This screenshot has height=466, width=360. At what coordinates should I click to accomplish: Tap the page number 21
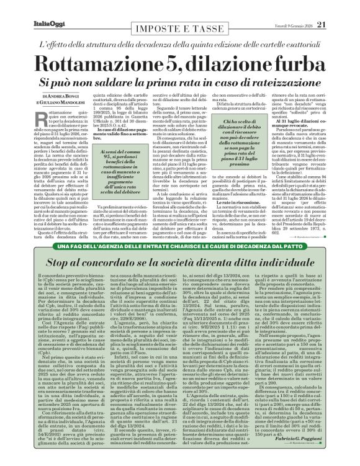click(x=338, y=7)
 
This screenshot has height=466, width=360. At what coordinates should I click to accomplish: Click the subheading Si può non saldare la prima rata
click(x=180, y=82)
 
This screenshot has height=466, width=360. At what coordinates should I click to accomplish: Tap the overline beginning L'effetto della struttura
click(x=180, y=46)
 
